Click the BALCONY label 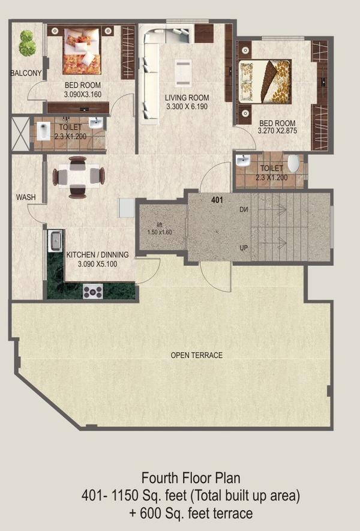coord(26,73)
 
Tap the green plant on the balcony coord(26,43)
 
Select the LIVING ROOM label coord(187,98)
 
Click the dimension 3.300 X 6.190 coord(187,107)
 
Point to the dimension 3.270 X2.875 coord(277,130)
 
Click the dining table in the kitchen coord(78,176)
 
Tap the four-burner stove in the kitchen coord(93,291)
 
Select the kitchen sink coord(56,241)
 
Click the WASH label coord(25,197)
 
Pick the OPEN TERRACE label coord(197,355)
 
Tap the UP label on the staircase coord(244,247)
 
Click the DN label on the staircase coord(244,210)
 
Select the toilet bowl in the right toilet coord(293,163)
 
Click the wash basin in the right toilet coord(243,161)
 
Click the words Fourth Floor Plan coord(191,478)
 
